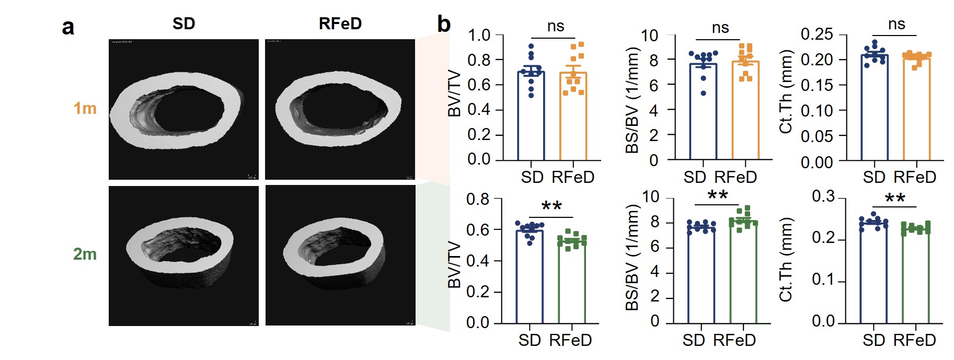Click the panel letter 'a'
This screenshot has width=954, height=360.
click(68, 27)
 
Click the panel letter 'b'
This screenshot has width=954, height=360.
click(444, 24)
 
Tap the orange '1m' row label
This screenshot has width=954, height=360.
click(85, 108)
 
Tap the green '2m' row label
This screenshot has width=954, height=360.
click(85, 254)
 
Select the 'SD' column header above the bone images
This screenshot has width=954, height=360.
click(183, 24)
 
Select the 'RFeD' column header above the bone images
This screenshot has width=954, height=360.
click(340, 24)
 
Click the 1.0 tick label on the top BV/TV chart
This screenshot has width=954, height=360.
click(479, 36)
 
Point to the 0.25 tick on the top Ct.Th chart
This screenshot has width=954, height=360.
click(817, 34)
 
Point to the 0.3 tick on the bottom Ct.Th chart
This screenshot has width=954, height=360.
click(823, 196)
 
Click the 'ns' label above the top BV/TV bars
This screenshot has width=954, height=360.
click(555, 26)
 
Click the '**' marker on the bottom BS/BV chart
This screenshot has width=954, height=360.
click(717, 196)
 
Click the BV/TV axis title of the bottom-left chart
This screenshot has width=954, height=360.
click(454, 264)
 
